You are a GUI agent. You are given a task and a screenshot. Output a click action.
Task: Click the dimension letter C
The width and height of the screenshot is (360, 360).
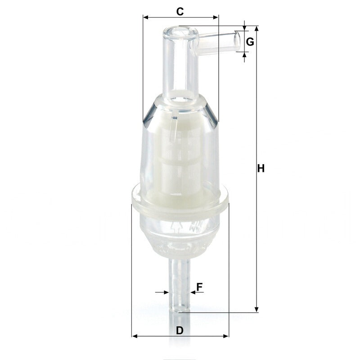(x=180, y=12)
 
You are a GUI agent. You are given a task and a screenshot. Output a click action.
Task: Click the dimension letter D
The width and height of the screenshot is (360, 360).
(x=180, y=330)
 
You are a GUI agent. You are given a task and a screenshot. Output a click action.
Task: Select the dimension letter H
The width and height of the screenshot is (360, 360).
(x=261, y=168)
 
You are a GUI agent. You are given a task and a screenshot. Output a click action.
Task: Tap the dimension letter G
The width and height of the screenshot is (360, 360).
(x=250, y=42)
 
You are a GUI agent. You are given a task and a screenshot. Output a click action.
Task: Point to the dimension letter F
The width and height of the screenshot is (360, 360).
(x=199, y=287)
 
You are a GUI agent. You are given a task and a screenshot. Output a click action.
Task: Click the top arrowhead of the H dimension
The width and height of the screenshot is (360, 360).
(x=256, y=28)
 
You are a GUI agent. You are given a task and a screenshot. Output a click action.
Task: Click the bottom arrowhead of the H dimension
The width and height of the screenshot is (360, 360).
(x=256, y=309)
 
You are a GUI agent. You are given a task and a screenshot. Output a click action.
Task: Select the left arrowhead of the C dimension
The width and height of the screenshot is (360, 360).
(x=146, y=17)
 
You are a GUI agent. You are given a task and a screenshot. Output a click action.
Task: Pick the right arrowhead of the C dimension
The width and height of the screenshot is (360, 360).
(x=216, y=17)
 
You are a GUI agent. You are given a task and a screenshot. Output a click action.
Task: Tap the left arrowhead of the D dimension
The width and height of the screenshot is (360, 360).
(x=135, y=336)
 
